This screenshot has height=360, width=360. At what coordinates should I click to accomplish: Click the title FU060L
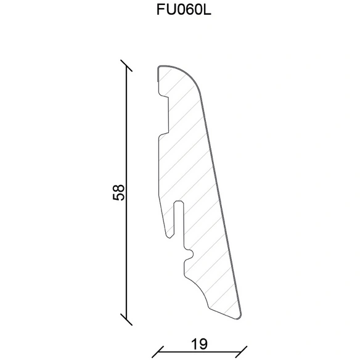184,10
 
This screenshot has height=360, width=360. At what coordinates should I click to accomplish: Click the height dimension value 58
119,192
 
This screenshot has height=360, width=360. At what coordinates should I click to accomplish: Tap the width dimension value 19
199,344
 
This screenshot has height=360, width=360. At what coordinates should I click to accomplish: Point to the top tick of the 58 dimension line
126,66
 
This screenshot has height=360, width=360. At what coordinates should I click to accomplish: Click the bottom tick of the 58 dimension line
126,319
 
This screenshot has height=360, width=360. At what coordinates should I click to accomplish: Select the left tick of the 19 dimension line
158,352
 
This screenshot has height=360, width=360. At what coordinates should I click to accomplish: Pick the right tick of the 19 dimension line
241,352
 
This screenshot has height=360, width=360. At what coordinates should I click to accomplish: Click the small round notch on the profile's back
190,254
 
